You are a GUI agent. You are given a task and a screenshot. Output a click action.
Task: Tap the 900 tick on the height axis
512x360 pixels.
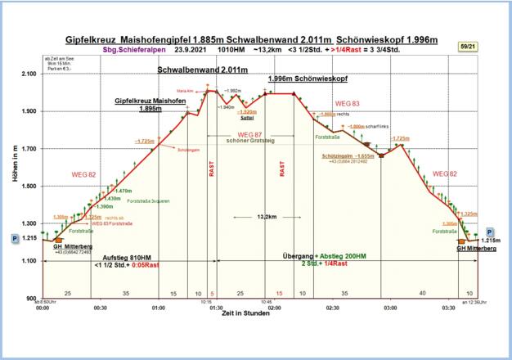30,299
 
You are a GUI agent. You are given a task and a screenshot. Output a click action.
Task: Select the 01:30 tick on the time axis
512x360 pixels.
217,308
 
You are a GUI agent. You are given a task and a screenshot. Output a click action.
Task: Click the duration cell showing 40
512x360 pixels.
422,292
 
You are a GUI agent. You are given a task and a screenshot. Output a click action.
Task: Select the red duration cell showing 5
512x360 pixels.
212,292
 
